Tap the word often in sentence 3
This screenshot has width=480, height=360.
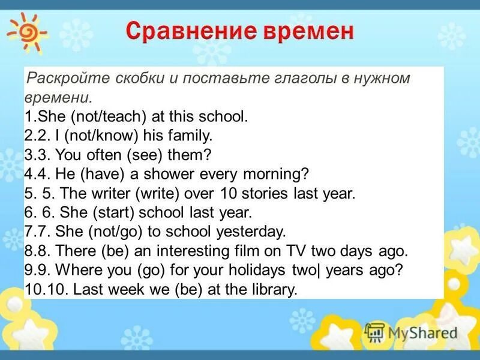102,155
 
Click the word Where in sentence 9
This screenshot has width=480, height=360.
71,270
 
